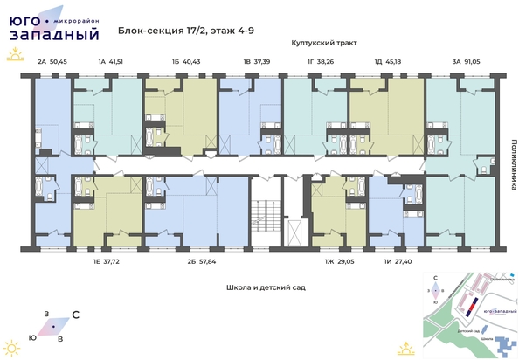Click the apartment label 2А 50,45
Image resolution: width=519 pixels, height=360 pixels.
tap(53, 62)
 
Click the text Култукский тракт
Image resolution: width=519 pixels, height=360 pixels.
tap(326, 42)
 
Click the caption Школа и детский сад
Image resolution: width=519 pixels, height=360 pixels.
tap(259, 286)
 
